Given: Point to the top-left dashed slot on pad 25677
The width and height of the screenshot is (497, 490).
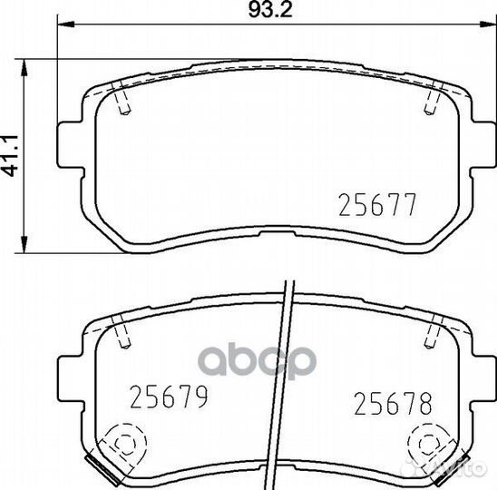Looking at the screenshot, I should click(123, 99).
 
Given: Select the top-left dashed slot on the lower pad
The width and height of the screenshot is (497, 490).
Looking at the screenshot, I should click(123, 332).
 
